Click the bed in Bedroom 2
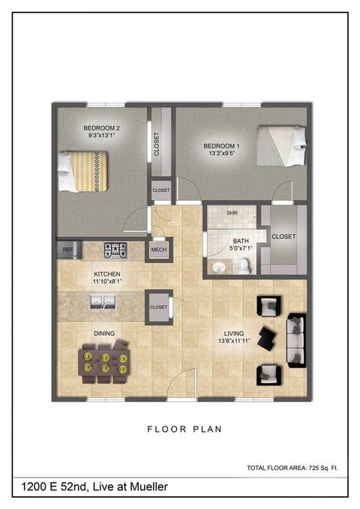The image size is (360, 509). click(83, 172)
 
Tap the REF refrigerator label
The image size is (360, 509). click(67, 249)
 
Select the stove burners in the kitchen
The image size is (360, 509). click(115, 249)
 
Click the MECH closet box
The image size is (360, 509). click(158, 250)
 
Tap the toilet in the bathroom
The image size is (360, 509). click(244, 265)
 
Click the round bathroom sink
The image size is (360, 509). click(218, 267)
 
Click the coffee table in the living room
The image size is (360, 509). click(267, 338)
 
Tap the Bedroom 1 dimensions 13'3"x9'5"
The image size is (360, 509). click(222, 154)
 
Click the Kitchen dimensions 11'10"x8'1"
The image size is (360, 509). click(107, 281)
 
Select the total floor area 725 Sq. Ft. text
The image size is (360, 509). click(292, 468)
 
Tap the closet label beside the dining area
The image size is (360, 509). click(158, 307)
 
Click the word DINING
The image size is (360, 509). click(103, 334)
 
